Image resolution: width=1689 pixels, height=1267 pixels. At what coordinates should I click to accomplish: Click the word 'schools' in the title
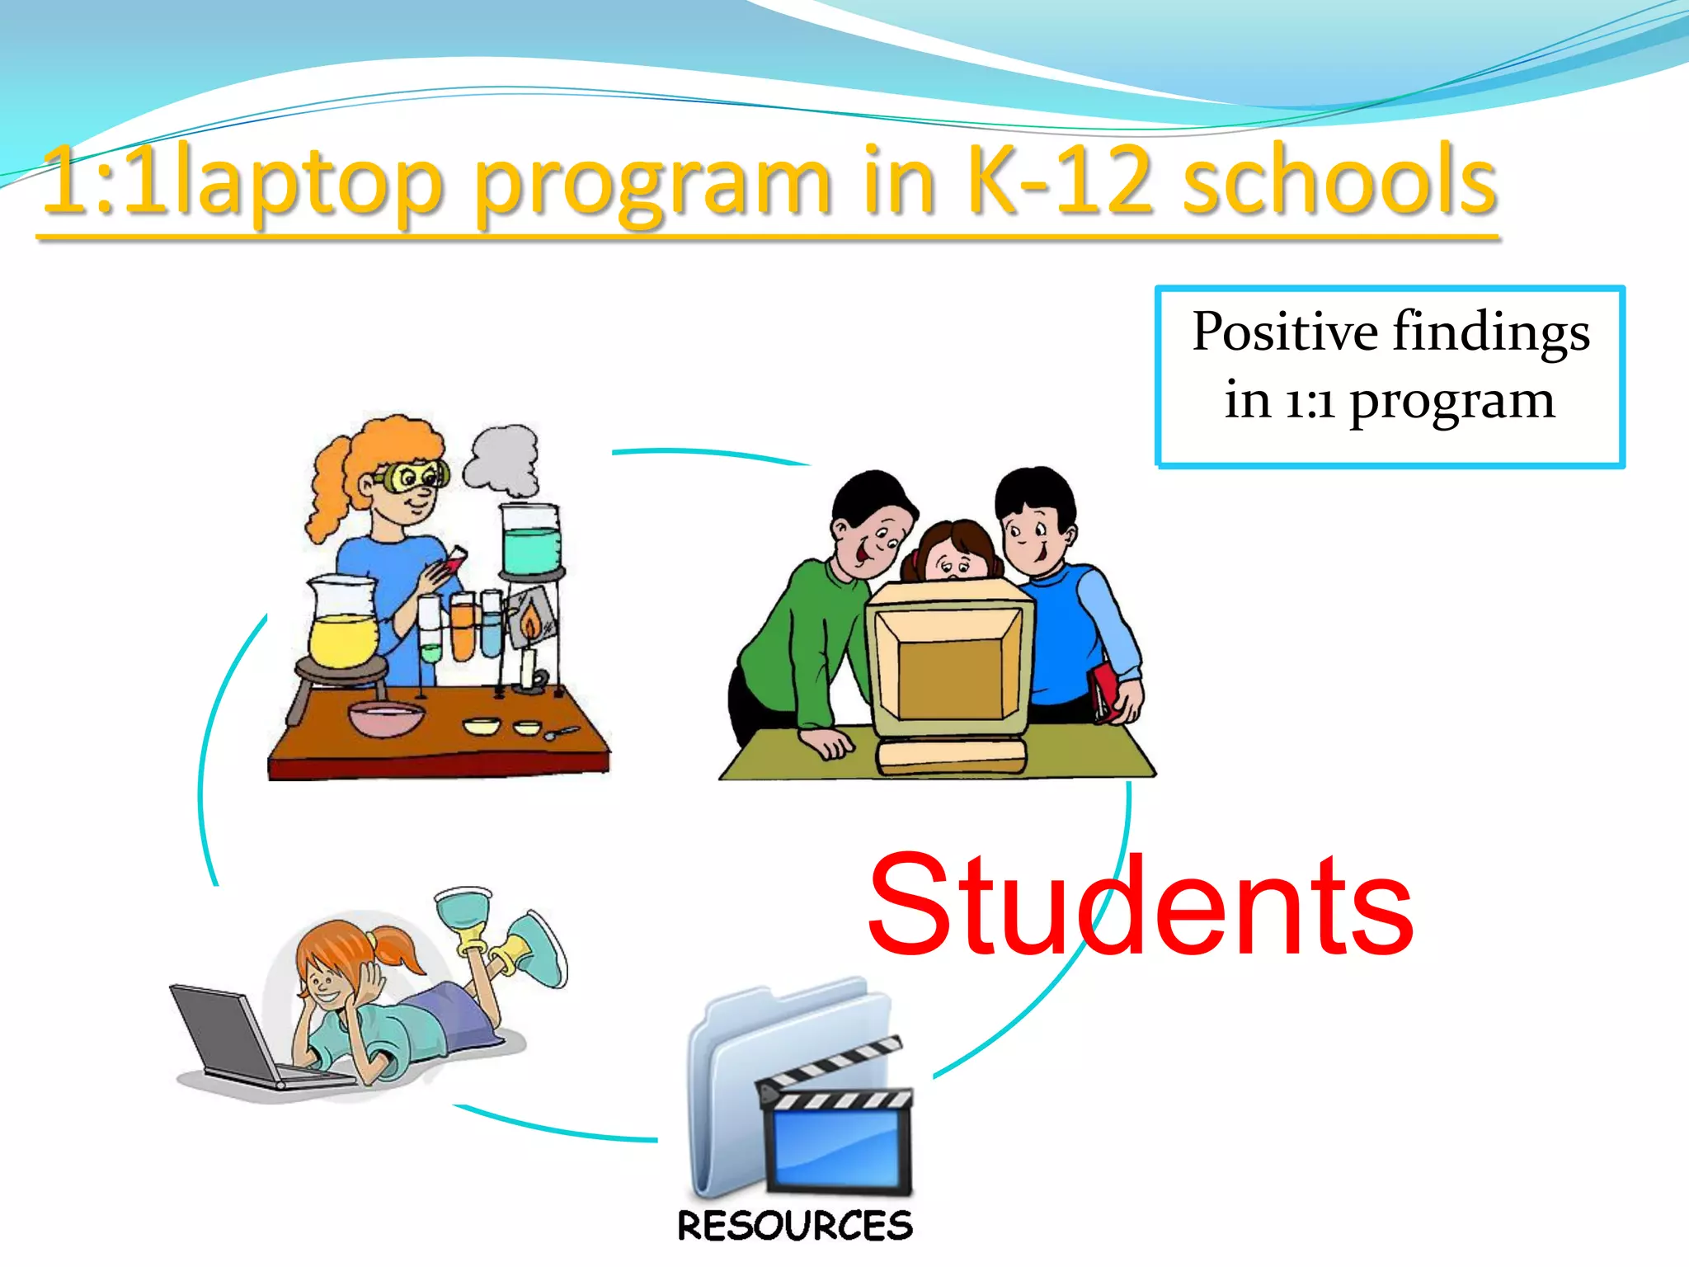tap(1339, 183)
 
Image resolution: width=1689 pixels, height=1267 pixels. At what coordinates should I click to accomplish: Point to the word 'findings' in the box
tap(1491, 332)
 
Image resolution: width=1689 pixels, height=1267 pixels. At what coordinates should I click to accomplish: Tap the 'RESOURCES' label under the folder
tap(795, 1226)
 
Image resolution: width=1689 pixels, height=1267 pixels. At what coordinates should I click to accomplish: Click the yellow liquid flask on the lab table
tap(342, 627)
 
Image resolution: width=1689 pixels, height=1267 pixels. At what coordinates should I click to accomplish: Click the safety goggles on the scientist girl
tap(412, 476)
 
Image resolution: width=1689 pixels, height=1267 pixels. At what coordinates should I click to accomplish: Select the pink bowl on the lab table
tap(385, 718)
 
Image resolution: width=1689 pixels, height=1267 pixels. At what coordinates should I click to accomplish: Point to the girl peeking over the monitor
tap(953, 553)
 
